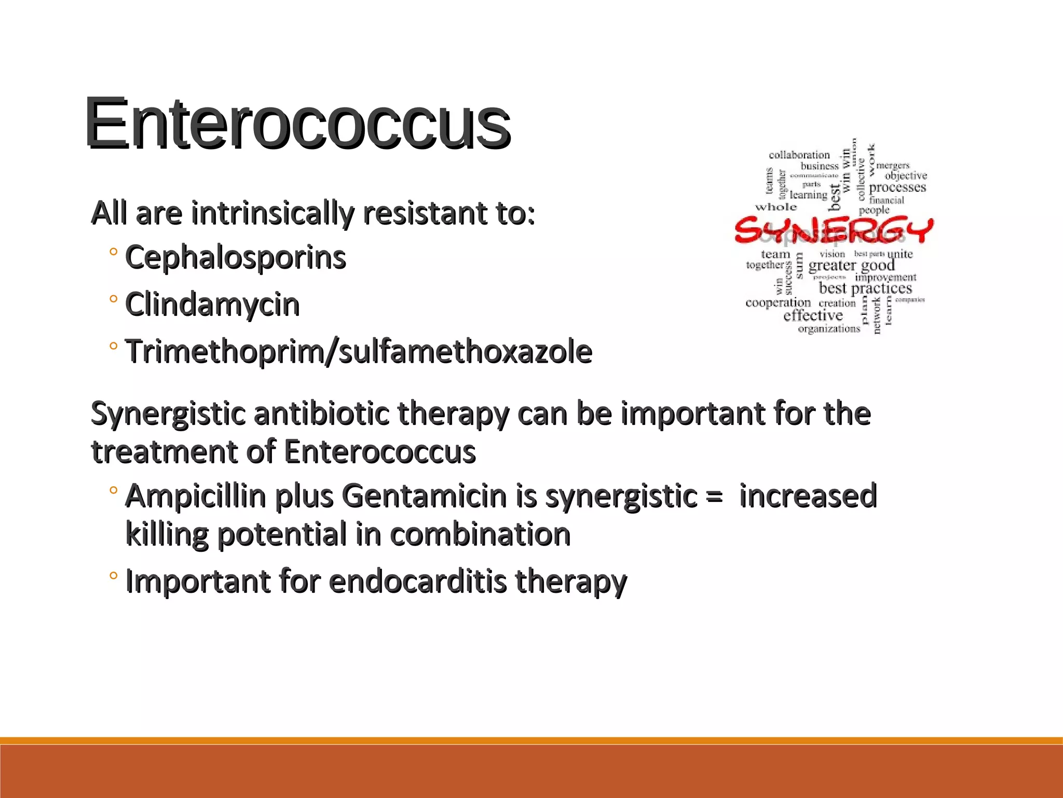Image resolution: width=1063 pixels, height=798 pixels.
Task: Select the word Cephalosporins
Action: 236,258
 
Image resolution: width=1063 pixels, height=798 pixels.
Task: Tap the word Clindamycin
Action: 212,304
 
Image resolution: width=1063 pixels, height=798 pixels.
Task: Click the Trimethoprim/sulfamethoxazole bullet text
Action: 359,352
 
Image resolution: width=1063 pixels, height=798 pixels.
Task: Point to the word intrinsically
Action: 272,214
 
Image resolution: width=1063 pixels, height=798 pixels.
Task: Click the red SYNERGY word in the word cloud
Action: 834,230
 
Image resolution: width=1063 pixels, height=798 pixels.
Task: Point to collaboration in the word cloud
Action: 799,155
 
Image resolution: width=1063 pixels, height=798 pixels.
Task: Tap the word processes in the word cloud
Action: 897,187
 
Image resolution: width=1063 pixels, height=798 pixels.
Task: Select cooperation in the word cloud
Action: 778,303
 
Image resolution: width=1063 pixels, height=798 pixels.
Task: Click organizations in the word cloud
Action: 829,328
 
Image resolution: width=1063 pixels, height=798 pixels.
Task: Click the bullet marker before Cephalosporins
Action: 113,252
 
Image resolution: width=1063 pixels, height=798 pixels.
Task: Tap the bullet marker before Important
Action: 113,576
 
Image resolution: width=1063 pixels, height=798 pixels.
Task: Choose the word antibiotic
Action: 321,414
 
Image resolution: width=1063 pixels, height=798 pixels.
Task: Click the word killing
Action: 166,535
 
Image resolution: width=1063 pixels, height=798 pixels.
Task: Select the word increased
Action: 808,496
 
